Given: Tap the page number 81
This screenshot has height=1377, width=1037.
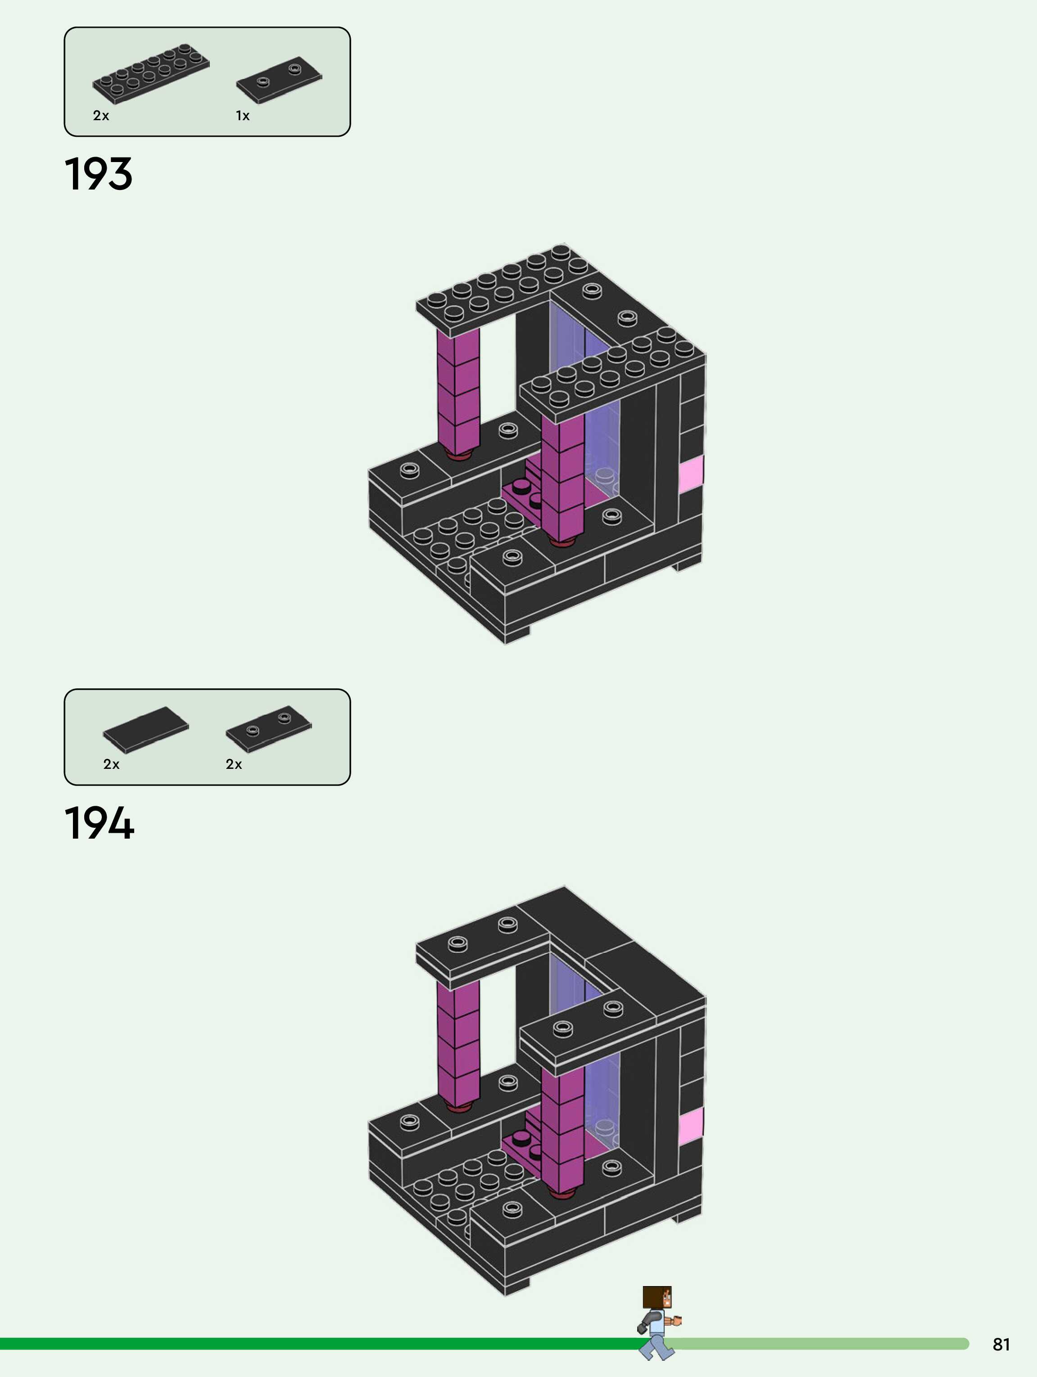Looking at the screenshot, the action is click(x=1001, y=1344).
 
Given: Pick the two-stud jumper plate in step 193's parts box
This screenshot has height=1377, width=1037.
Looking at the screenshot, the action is click(x=279, y=80).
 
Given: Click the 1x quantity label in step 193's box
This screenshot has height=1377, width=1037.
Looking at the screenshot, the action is click(x=242, y=116).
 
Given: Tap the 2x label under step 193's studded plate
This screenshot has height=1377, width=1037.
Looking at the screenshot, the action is click(x=101, y=116).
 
